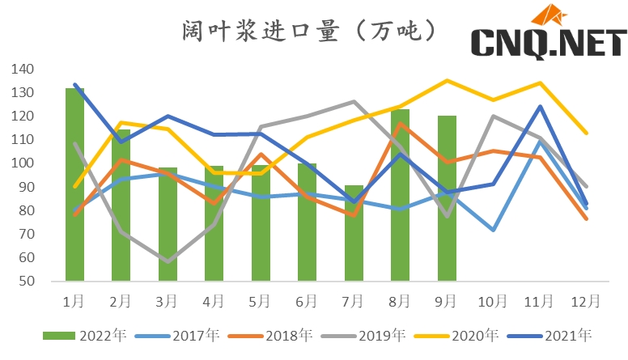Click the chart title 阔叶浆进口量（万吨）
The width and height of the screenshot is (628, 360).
312,31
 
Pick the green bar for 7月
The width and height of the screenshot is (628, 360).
354,233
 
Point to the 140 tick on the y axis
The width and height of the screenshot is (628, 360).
22,70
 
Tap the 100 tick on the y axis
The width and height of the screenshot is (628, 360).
22,163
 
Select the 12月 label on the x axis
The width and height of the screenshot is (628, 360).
586,302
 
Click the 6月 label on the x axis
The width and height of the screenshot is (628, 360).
307,302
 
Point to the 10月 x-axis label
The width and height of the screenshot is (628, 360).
493,302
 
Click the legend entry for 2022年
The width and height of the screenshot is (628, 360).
84,335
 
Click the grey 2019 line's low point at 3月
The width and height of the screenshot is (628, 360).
168,261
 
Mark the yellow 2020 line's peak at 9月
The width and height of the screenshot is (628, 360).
447,80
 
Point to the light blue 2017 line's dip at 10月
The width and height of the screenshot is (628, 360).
493,231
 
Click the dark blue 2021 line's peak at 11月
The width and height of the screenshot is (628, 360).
540,106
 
